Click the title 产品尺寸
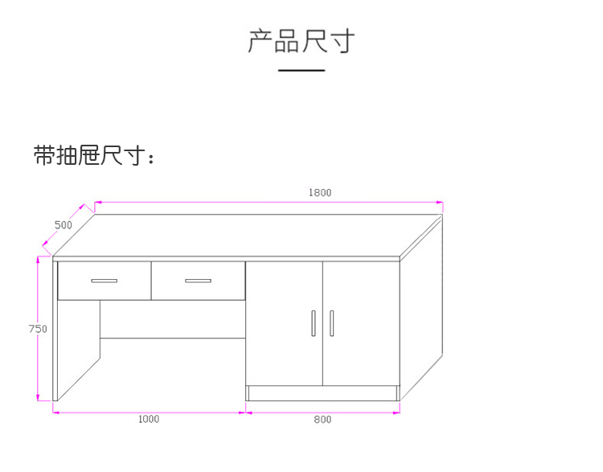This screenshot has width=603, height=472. click(301, 40)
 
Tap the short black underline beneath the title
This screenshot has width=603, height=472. click(301, 71)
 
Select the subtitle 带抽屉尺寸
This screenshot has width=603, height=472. click(93, 155)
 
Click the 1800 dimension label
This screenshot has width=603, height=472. click(320, 192)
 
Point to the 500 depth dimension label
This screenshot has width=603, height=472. click(64, 225)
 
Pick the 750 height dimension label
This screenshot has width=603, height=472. click(38, 329)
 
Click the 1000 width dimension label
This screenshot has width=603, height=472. click(149, 419)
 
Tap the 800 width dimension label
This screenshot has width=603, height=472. click(322, 419)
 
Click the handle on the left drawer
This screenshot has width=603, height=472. click(104, 281)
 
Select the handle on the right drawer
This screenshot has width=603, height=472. click(198, 281)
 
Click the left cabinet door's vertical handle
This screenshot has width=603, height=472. click(313, 323)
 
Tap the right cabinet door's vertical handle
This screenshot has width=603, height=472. click(331, 323)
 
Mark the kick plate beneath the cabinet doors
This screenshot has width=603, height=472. click(322, 392)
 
